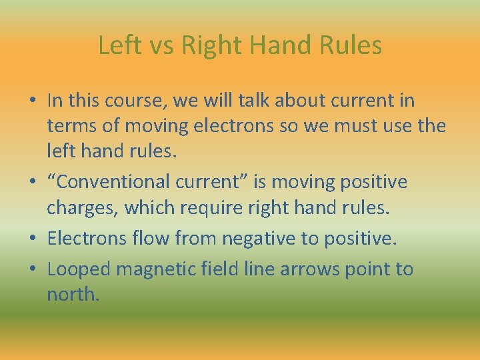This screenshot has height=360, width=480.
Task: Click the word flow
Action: (148, 239)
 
